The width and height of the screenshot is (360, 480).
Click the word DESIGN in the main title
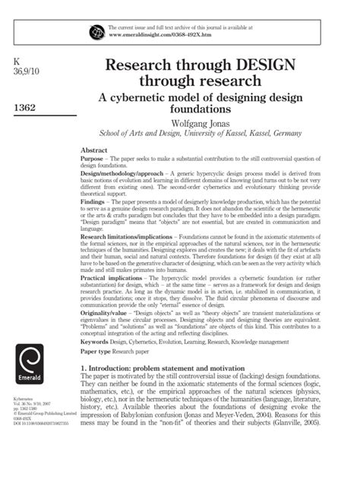[x=254, y=68]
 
